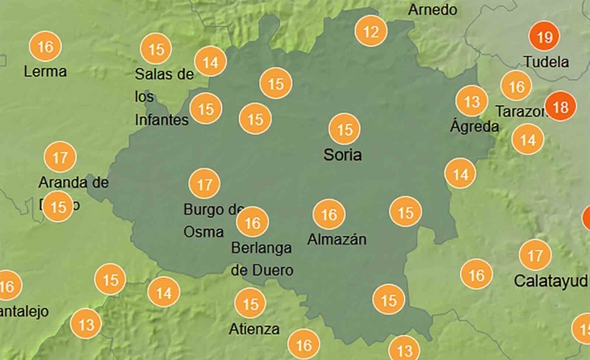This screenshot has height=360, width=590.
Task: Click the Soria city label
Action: click(x=342, y=154)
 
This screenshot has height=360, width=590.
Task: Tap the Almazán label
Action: click(x=336, y=239)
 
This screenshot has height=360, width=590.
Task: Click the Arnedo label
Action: click(x=432, y=10)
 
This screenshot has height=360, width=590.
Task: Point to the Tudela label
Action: click(x=546, y=62)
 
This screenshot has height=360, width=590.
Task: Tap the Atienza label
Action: click(x=254, y=329)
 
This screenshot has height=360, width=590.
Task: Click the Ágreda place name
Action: click(x=474, y=126)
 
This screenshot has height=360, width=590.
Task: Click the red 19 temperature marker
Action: click(x=544, y=37)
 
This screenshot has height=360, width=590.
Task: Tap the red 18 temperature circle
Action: click(x=559, y=107)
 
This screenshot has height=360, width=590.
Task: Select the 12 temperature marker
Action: click(x=371, y=32)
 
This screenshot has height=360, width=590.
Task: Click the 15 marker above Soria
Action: click(x=344, y=130)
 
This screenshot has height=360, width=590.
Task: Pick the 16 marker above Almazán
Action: click(x=329, y=215)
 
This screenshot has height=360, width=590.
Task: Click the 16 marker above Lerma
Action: click(x=45, y=46)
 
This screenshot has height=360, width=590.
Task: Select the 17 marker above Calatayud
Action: click(x=535, y=255)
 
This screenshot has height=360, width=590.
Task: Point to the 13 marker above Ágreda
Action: click(x=472, y=102)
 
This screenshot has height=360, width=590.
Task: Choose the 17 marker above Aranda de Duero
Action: click(x=59, y=156)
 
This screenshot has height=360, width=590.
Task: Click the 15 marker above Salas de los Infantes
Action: click(x=155, y=47)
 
